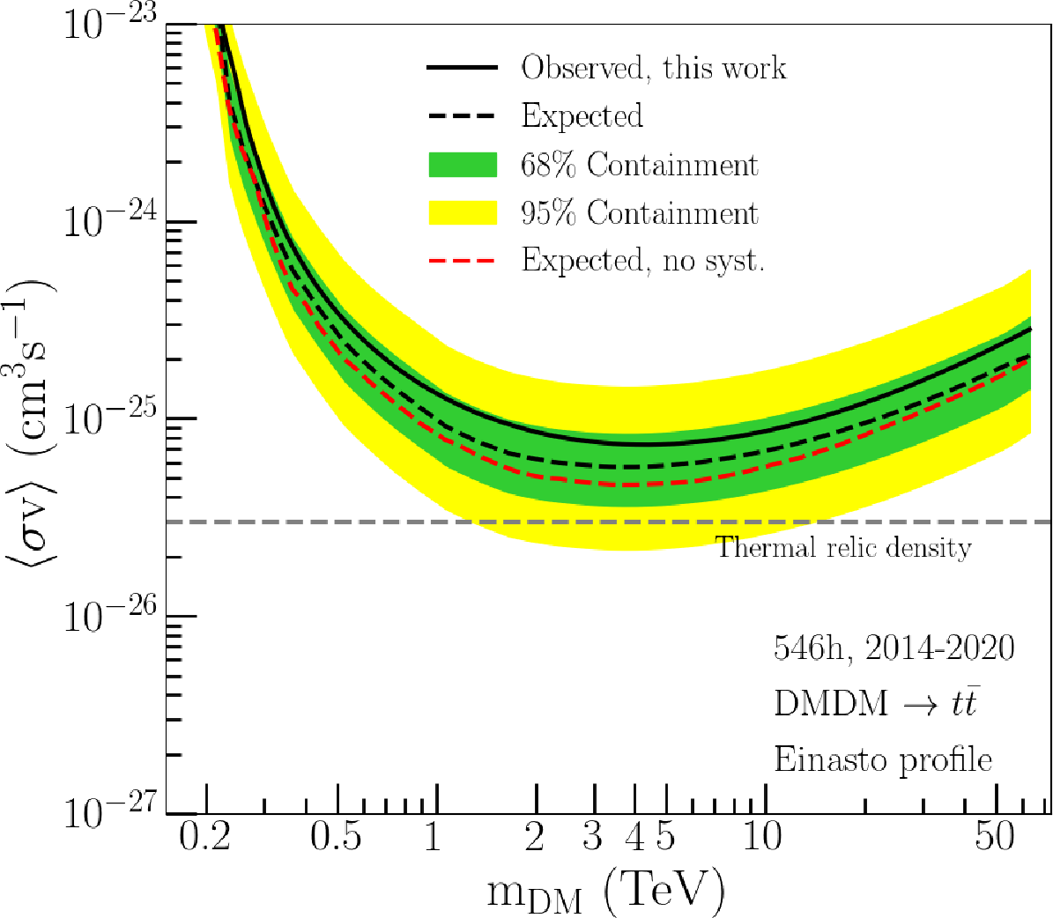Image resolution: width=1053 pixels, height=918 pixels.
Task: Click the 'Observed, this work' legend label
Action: tap(653, 68)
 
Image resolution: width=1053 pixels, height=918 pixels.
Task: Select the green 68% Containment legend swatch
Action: tap(462, 165)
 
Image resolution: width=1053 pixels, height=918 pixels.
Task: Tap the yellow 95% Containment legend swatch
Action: tap(462, 213)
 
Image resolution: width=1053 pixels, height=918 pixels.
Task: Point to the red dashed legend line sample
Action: tap(462, 261)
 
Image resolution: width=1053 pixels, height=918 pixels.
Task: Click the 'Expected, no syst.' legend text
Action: tap(642, 261)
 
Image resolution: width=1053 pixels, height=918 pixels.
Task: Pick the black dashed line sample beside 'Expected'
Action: tap(462, 116)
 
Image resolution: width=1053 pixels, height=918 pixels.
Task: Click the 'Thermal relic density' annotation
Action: tap(843, 548)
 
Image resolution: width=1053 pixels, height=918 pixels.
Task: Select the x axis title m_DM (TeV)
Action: tap(605, 892)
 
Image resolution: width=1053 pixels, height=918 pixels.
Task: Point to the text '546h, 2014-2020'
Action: tap(894, 648)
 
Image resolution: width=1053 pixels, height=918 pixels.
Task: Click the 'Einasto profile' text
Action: tap(883, 759)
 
